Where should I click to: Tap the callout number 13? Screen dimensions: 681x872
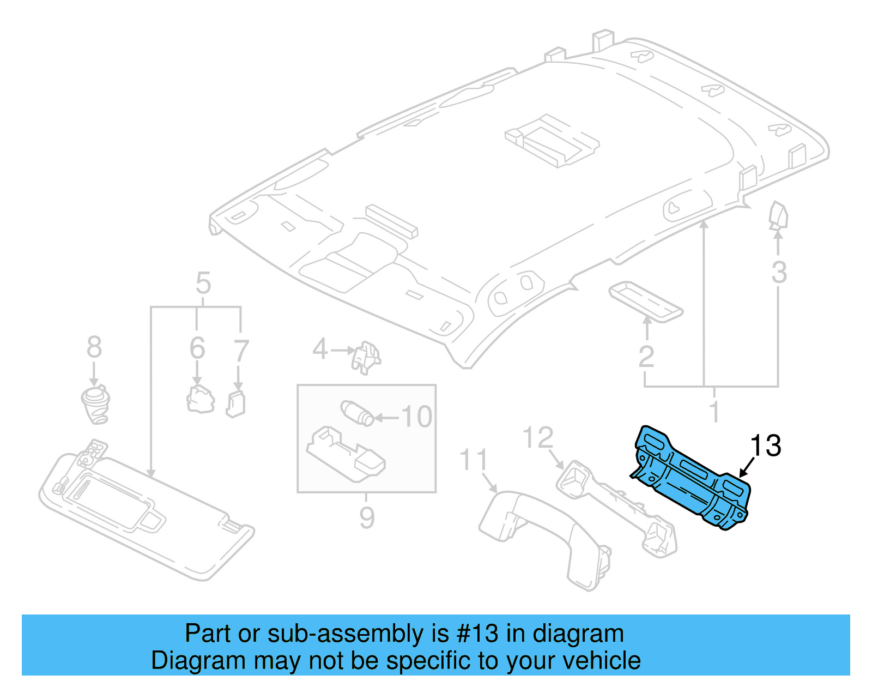[x=766, y=446]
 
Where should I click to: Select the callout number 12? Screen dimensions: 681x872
[x=538, y=438]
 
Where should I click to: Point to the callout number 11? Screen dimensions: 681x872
[x=474, y=460]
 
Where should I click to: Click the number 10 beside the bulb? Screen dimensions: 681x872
[x=417, y=417]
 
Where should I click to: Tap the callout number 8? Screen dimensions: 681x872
[x=94, y=347]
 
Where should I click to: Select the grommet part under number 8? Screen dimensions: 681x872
[x=96, y=405]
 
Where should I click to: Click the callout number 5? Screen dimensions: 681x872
[x=203, y=284]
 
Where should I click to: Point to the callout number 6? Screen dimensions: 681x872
[x=197, y=348]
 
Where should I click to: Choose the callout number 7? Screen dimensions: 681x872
[x=240, y=351]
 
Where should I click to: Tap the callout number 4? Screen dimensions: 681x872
[x=320, y=349]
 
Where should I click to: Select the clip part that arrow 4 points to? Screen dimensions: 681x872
[x=366, y=357]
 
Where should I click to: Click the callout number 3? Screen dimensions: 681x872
[x=779, y=272]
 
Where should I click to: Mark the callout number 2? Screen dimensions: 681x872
[x=646, y=357]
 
